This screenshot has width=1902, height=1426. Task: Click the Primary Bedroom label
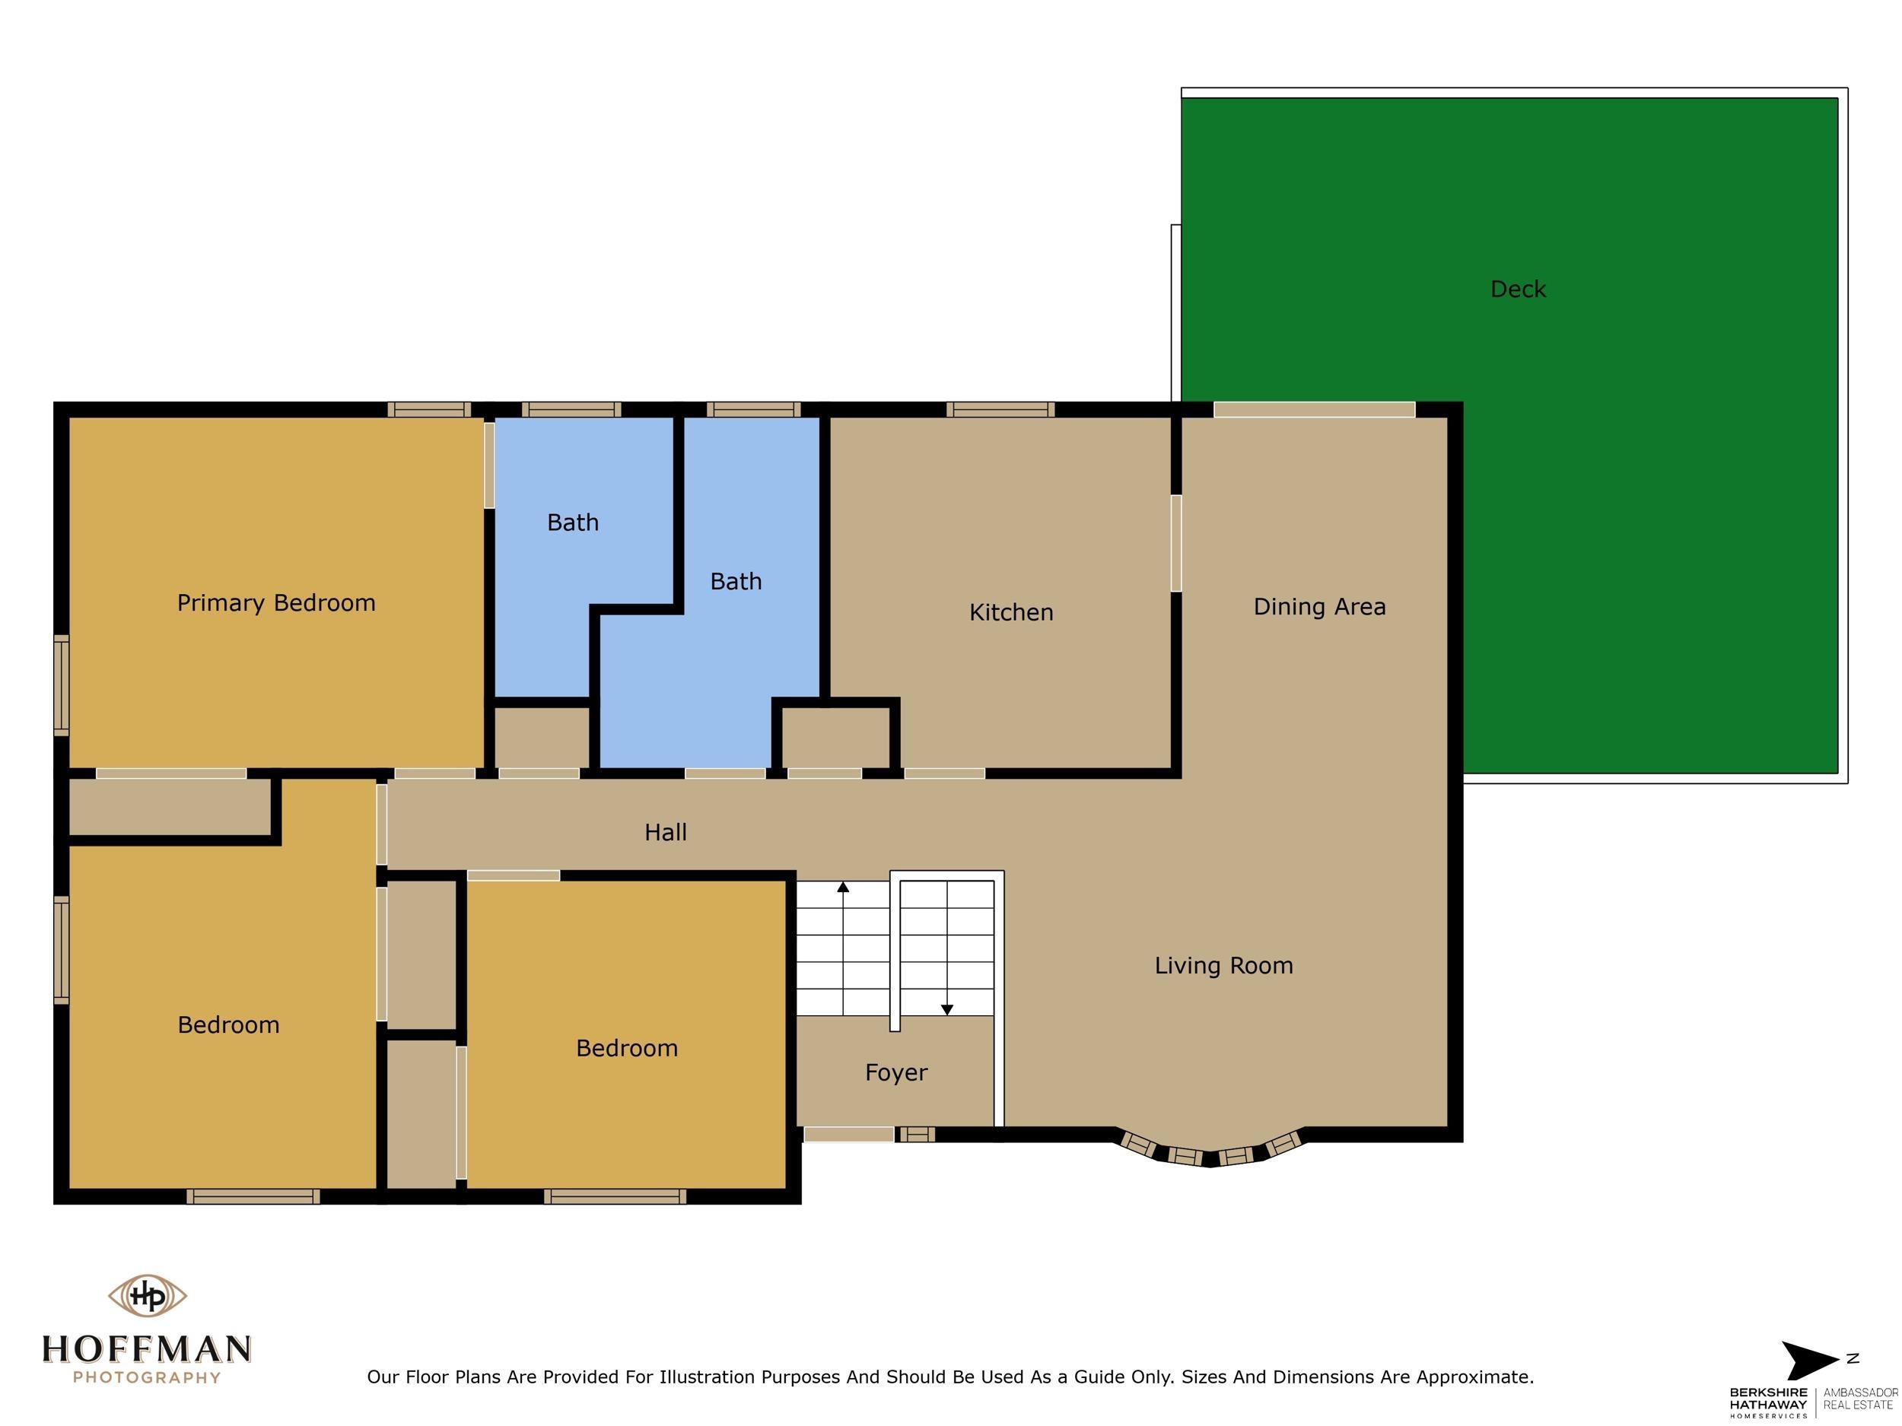(276, 602)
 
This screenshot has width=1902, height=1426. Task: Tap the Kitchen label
(1010, 612)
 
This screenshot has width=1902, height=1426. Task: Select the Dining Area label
(1319, 607)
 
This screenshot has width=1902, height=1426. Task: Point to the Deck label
(1518, 290)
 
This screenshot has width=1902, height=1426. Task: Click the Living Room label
(1223, 965)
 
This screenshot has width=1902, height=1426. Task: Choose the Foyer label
(896, 1072)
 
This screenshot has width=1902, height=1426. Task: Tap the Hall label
(666, 832)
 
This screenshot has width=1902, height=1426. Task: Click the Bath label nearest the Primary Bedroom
(573, 522)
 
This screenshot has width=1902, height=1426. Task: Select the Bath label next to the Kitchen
(735, 582)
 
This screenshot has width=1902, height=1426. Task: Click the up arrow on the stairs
(844, 887)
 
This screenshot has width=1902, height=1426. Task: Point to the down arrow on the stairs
(946, 1010)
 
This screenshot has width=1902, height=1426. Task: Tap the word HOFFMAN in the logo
(147, 1348)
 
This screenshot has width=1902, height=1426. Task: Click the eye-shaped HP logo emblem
(147, 1295)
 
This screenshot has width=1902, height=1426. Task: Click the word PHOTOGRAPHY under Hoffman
(147, 1378)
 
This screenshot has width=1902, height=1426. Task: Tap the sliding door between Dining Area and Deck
(1313, 410)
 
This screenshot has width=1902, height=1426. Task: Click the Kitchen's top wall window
(1000, 410)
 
